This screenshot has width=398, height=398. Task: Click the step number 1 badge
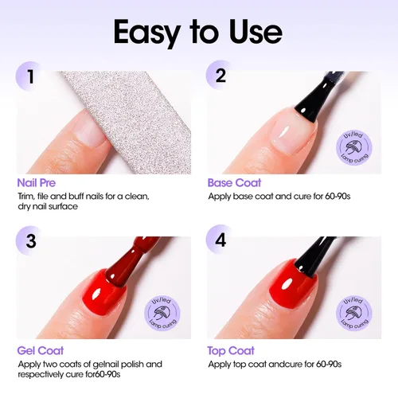click(30, 77)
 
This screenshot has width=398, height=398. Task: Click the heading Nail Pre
click(36, 182)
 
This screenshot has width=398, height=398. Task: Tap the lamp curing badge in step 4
click(353, 313)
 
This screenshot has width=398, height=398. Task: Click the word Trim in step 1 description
click(25, 196)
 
